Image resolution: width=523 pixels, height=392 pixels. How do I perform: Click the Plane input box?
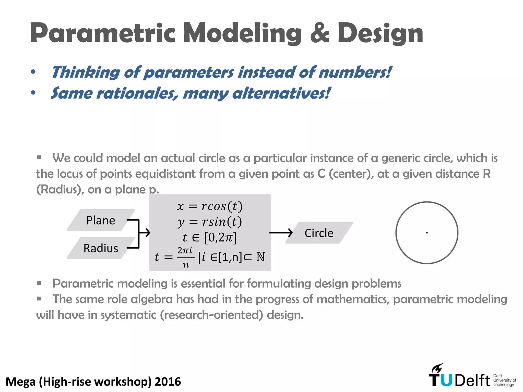coord(101,220)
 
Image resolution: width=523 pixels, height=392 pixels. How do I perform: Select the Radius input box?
coord(101,248)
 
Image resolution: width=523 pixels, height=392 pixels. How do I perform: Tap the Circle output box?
coord(319,233)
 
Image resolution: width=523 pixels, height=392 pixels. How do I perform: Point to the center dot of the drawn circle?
coord(427,233)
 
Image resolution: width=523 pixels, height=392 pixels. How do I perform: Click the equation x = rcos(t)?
coord(210,206)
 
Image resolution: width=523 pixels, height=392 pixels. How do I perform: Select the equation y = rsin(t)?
coord(210,222)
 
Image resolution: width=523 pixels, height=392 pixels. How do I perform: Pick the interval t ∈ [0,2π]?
coord(210,237)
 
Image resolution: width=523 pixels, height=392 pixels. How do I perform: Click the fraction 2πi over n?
coord(185,257)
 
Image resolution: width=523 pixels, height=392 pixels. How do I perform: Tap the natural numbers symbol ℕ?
coord(260,257)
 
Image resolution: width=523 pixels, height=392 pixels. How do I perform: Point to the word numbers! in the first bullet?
coord(355,72)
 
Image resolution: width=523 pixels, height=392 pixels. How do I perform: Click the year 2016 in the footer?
coord(168,382)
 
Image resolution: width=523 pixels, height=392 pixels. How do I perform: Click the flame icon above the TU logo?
coord(437,368)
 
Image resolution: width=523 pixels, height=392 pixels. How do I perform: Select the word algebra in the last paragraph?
coord(152,299)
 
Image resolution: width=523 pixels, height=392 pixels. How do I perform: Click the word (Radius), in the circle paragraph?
coord(60,190)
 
